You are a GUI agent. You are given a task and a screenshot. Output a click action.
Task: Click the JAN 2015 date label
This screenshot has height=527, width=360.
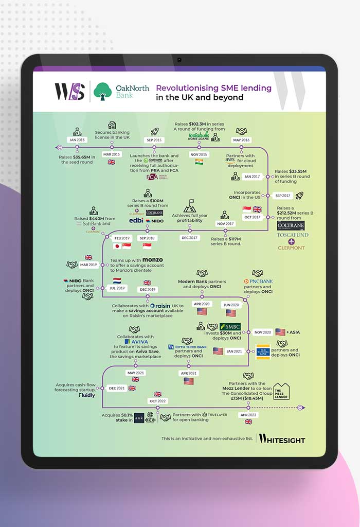tap(77, 140)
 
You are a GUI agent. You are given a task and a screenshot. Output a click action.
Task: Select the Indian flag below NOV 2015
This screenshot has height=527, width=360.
tap(199, 162)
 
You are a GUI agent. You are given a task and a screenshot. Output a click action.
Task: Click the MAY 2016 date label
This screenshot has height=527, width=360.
tap(241, 140)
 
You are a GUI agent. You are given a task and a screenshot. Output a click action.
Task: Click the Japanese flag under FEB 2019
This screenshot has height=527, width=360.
tap(116, 245)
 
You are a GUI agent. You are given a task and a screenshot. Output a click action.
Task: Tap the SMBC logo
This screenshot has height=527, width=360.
tap(230, 327)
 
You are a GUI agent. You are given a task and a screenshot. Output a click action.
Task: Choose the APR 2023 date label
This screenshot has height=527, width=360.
tap(248, 414)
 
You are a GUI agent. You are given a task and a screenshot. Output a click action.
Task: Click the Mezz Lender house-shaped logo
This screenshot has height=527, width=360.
tap(281, 391)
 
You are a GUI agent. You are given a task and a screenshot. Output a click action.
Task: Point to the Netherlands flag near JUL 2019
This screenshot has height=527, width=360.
tap(117, 281)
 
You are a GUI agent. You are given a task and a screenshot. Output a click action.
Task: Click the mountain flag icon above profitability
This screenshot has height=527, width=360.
tap(189, 206)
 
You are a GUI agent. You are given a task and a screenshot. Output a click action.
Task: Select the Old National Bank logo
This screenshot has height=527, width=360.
tap(263, 352)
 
